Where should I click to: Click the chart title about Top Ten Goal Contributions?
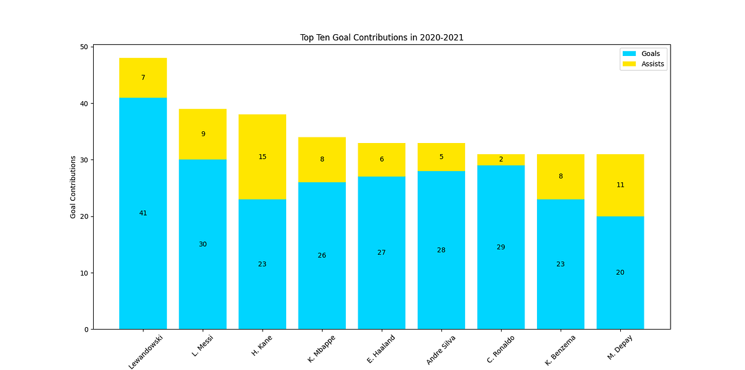(x=382, y=37)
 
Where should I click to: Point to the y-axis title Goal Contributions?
(x=73, y=187)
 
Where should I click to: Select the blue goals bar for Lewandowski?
(x=143, y=249)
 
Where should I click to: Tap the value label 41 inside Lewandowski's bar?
(x=143, y=213)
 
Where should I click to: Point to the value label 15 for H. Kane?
(x=262, y=157)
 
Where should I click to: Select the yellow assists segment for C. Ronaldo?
(x=500, y=160)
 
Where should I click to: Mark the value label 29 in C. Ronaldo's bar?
(x=500, y=247)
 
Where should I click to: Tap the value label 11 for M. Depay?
(x=620, y=185)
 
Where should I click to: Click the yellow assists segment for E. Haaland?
(x=381, y=160)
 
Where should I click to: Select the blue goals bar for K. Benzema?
(x=560, y=286)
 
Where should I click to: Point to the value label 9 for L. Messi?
(x=202, y=134)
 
